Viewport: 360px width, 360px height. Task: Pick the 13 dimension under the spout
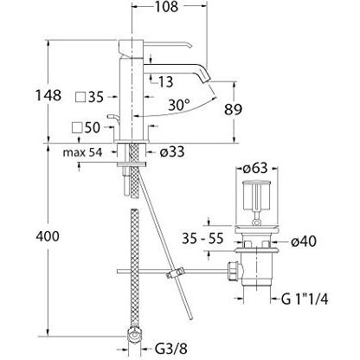pyautogui.click(x=166, y=80)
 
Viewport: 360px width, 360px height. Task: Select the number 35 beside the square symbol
pyautogui.click(x=95, y=97)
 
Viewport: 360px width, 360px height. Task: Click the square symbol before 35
pyautogui.click(x=80, y=97)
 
